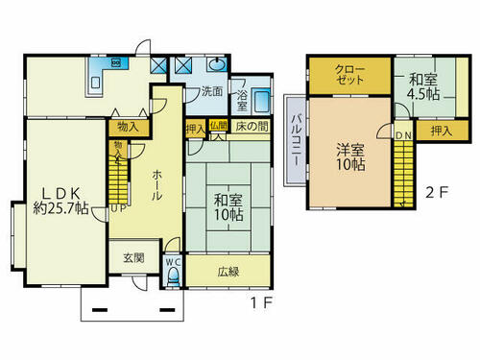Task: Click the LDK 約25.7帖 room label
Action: pos(60,201)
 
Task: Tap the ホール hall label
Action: pos(156,185)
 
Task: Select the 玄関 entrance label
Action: pos(133,258)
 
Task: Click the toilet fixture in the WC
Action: pos(174,276)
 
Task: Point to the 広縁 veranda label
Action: pos(228,272)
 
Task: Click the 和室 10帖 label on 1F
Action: pos(228,207)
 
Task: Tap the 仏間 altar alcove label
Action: pos(219,126)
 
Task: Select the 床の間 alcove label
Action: pos(252,126)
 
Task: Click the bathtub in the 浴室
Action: pos(261,100)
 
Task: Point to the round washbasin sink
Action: pos(217,64)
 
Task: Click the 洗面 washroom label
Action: pos(212,91)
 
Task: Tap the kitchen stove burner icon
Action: pos(115,62)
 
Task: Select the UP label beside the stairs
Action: pos(118,208)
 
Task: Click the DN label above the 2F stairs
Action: pos(403,135)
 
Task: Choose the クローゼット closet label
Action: pos(349,75)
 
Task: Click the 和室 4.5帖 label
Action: pos(423,86)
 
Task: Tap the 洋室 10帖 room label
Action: pos(350,156)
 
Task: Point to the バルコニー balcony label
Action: pos(296,140)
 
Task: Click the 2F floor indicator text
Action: pos(437,192)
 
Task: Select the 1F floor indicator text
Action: pos(261,302)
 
